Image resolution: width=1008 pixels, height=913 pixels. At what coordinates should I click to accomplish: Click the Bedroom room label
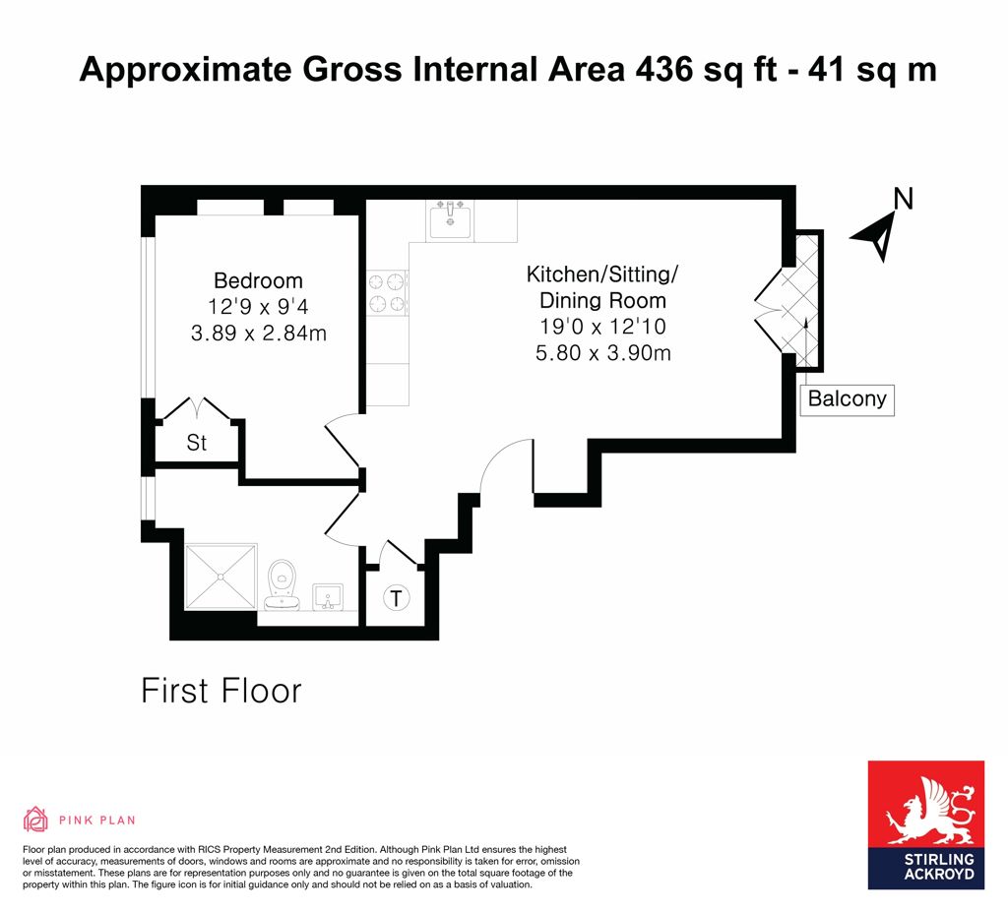point(258,280)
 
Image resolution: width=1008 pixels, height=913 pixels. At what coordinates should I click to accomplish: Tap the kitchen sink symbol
point(450,218)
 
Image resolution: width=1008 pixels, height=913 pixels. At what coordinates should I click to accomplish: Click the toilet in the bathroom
point(282,584)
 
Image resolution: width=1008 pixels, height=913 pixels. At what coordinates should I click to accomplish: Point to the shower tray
point(220,577)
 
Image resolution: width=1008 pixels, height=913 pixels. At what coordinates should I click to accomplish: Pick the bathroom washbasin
point(328,597)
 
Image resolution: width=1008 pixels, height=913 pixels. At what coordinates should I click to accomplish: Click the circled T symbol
point(396,598)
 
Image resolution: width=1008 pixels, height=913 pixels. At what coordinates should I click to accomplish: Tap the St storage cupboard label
point(197,443)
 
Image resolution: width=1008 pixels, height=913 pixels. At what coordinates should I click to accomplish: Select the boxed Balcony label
point(848,399)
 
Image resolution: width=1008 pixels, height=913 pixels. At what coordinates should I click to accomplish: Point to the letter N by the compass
point(904,199)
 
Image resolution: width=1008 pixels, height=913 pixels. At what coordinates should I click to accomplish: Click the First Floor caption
point(221,692)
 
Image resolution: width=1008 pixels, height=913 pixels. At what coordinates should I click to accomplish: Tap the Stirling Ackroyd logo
point(925,825)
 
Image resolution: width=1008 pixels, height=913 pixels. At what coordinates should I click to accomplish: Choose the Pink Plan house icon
point(36,820)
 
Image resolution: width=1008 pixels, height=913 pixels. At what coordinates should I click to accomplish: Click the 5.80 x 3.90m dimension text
point(603,353)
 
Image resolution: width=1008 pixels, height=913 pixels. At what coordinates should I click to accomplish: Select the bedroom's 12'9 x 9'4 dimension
point(258,307)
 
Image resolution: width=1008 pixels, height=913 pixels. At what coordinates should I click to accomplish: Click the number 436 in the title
point(664,70)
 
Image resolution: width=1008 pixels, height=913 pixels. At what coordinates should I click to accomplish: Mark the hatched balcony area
point(807,301)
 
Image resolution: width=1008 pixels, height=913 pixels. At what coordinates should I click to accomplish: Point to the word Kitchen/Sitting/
point(602,274)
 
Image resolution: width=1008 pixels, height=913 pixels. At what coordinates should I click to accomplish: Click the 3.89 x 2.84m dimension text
point(259,333)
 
